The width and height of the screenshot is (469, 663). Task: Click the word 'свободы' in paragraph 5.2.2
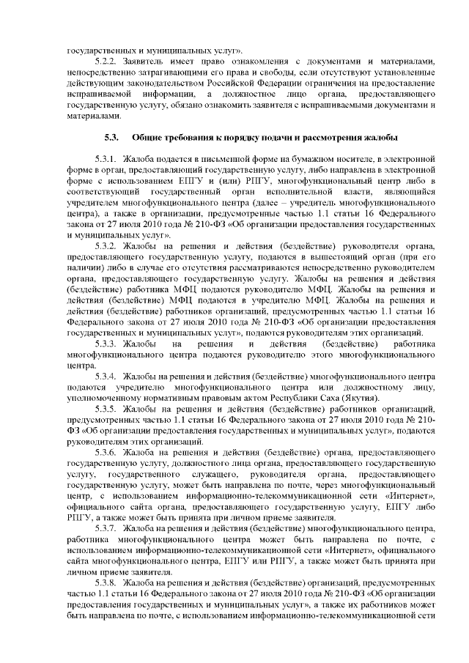point(252,78)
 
